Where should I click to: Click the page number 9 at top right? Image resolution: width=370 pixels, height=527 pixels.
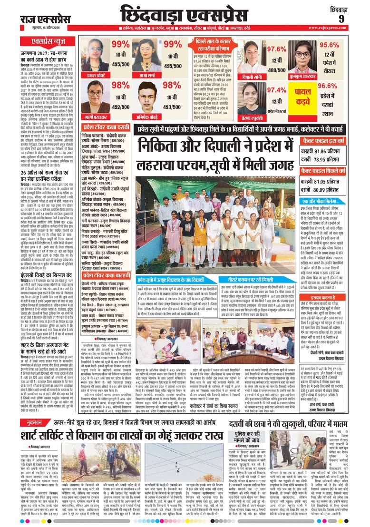pyautogui.click(x=341, y=19)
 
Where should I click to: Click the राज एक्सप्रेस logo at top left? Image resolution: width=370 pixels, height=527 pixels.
pyautogui.click(x=45, y=19)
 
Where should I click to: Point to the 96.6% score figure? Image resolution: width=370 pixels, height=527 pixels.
pyautogui.click(x=331, y=86)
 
